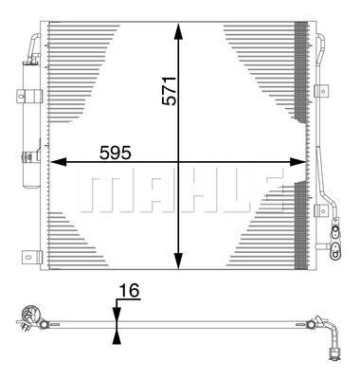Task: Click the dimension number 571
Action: point(168,91)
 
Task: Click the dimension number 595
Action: point(115,153)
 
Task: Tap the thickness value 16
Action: point(129,291)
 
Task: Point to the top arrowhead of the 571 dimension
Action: point(179,31)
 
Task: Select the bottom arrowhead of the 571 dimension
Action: point(179,261)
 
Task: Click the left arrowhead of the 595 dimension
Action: point(58,162)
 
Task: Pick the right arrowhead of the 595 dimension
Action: point(297,162)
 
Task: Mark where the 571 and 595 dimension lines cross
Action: point(179,162)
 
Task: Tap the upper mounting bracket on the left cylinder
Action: point(29,96)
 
